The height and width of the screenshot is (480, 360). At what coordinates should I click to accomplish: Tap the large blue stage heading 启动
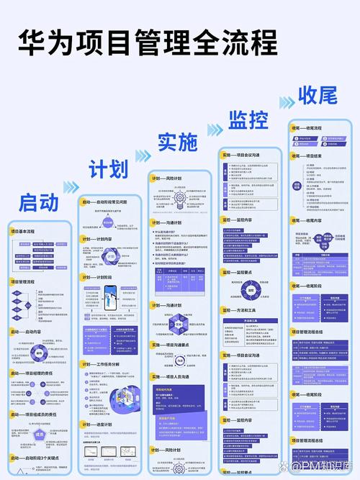point(38,202)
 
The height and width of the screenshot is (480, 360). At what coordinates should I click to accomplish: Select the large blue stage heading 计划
point(108,169)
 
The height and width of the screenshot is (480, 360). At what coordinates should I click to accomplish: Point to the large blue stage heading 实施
point(177,142)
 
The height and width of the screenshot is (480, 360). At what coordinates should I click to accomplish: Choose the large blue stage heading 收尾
point(318,96)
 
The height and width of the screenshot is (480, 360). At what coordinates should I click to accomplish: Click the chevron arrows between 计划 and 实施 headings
point(143,155)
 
